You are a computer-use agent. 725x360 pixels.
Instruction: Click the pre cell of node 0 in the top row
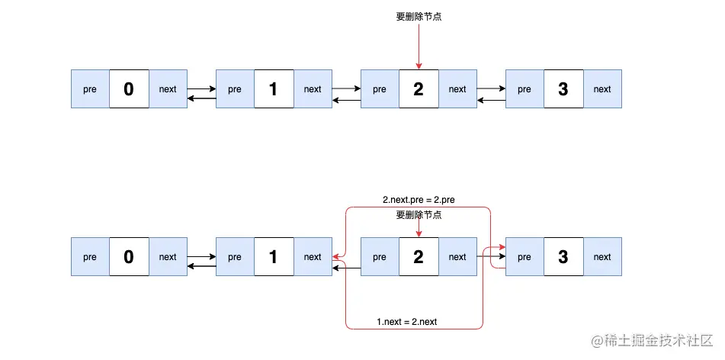tap(90, 89)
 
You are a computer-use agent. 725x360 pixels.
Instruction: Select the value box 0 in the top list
tap(129, 89)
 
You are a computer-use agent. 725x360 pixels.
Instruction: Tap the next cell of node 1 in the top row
tap(313, 89)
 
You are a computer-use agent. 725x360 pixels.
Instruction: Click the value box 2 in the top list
tap(419, 89)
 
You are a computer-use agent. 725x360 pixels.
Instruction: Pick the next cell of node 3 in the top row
tap(602, 89)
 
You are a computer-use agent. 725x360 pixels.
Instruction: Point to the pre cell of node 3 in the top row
tap(525, 89)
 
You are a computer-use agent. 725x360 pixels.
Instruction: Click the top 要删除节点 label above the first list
tap(419, 16)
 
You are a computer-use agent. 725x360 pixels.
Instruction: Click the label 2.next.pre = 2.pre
tap(419, 201)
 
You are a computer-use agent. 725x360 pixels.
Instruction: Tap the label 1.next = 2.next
tap(407, 322)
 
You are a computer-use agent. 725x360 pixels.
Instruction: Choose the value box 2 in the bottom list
tap(419, 257)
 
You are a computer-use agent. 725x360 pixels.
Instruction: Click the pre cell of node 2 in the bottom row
tap(380, 257)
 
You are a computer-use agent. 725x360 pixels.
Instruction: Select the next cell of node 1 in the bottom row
tap(313, 257)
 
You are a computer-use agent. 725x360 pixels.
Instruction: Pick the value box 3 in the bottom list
tap(563, 257)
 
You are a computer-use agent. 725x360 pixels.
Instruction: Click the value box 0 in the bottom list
tap(129, 257)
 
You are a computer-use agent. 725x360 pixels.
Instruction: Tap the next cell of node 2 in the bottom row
tap(457, 257)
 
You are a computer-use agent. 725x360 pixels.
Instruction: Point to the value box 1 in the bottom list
tap(274, 257)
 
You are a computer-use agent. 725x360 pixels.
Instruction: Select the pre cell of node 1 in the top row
tap(235, 89)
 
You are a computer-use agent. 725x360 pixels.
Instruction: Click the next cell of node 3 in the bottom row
tap(602, 257)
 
